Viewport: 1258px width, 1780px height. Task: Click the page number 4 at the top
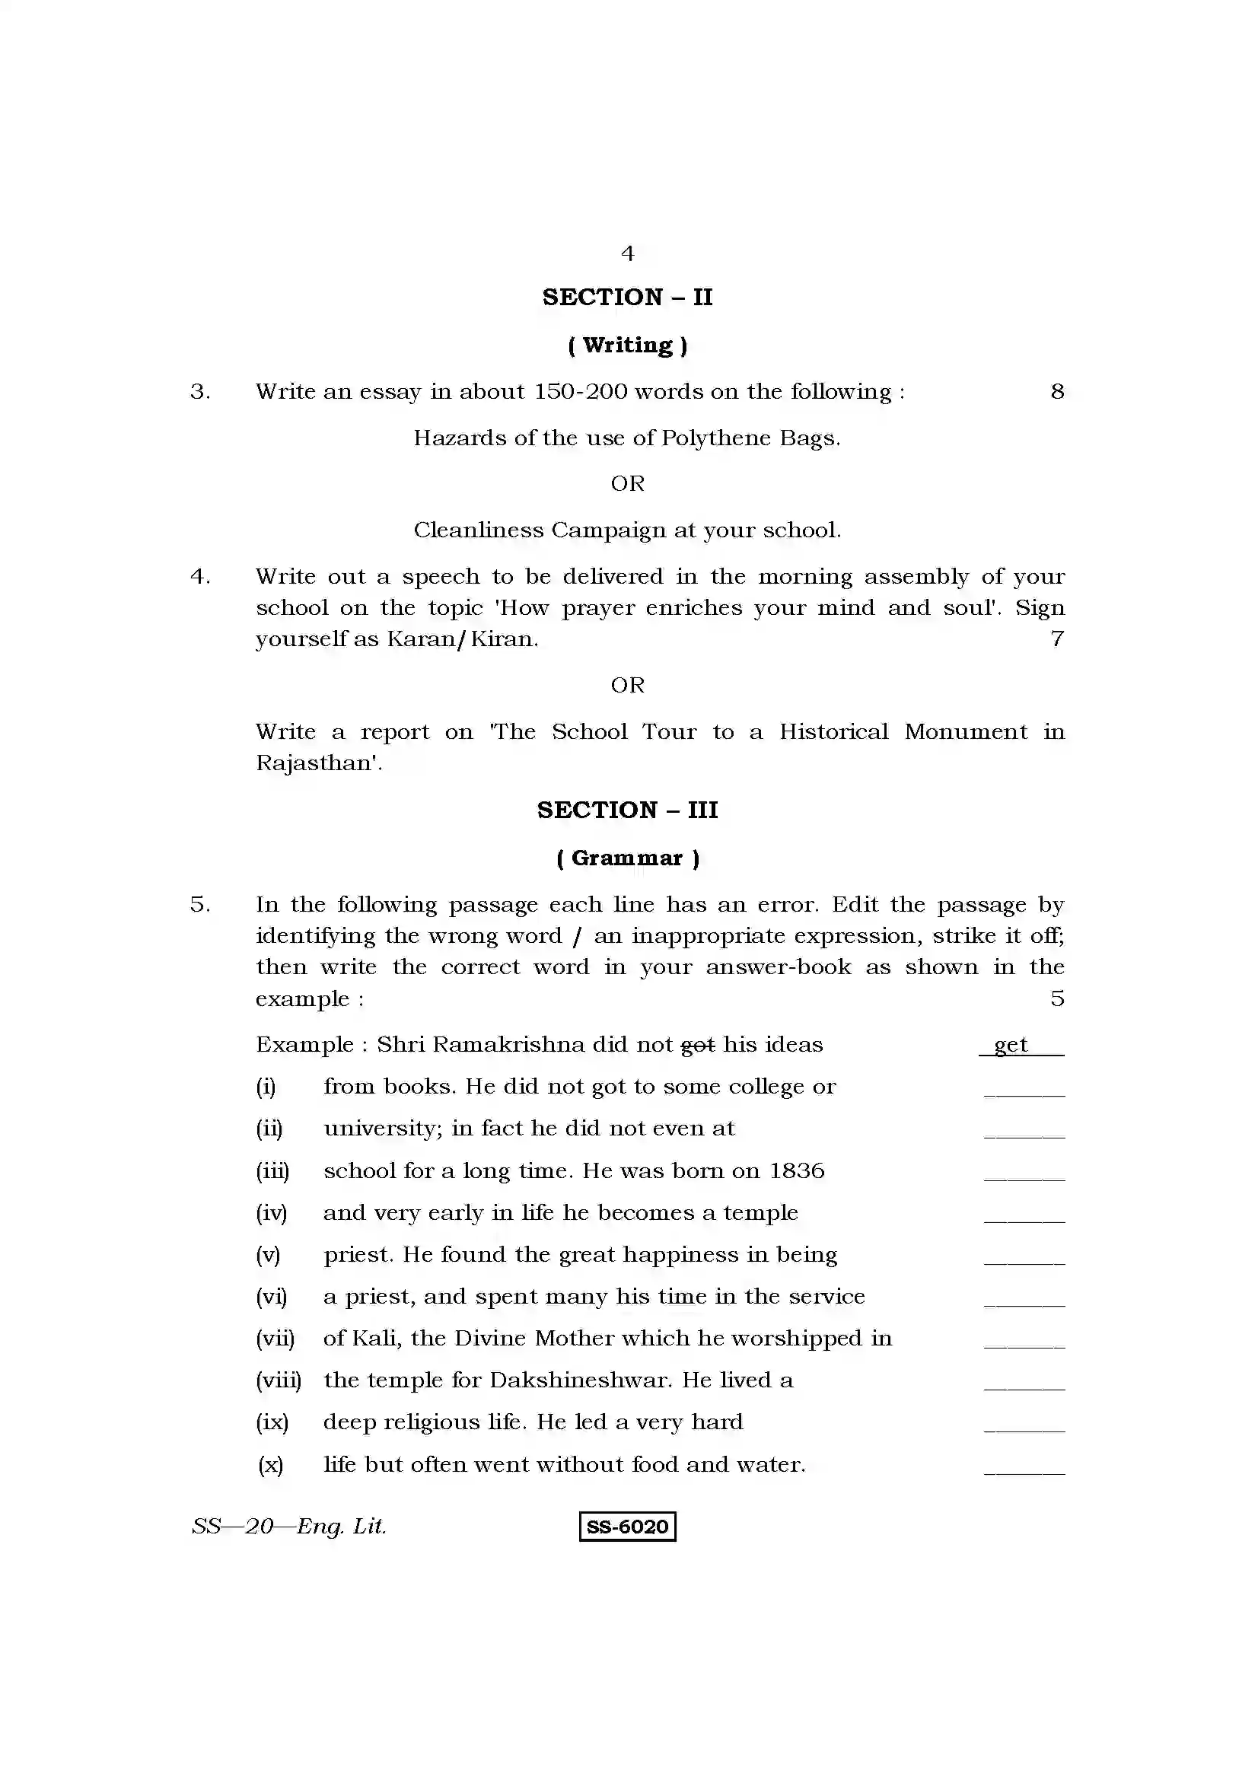point(627,253)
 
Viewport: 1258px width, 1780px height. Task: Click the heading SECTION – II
point(627,297)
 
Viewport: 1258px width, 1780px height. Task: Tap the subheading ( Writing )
point(627,345)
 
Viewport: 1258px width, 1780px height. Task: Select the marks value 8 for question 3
point(1057,391)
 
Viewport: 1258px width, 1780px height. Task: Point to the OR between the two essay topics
point(627,484)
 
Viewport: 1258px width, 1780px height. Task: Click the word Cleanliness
point(478,530)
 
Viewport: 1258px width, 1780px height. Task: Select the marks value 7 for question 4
point(1057,638)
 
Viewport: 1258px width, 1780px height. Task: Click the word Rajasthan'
point(319,763)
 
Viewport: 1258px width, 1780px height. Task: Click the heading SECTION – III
point(627,810)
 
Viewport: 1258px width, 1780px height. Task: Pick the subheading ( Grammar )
point(627,858)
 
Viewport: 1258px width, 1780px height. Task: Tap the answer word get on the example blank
point(1011,1045)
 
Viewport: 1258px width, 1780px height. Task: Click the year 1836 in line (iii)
point(796,1170)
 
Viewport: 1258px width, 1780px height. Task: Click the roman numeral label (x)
point(270,1465)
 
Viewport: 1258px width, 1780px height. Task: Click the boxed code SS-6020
point(627,1527)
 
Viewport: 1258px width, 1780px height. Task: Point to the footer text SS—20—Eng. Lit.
point(288,1527)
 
